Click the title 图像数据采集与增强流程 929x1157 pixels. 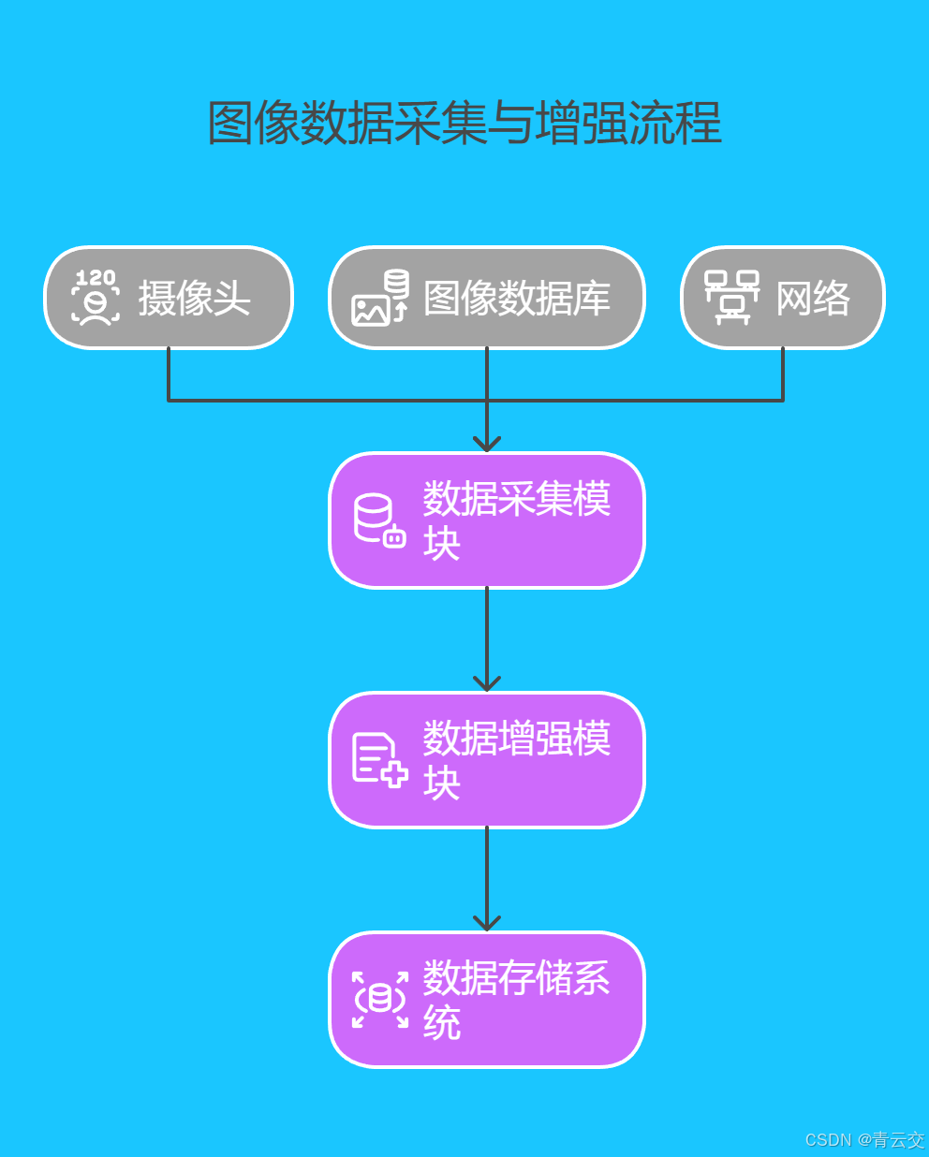point(464,124)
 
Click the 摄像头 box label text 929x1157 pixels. point(194,299)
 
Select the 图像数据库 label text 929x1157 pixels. point(516,299)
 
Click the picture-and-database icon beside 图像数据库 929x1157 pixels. point(380,298)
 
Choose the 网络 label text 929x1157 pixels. point(813,299)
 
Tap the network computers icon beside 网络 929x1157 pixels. point(731,298)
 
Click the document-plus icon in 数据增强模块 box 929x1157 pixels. point(379,760)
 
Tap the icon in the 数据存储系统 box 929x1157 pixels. point(379,1000)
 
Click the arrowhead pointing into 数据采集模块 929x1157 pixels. point(487,444)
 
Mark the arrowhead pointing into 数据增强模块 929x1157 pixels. point(487,683)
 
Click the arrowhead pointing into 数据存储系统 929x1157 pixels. point(487,923)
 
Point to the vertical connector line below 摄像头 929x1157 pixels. point(169,374)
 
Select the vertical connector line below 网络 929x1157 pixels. point(783,374)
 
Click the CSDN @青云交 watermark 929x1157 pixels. point(864,1139)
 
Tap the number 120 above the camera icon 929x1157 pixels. point(96,278)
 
